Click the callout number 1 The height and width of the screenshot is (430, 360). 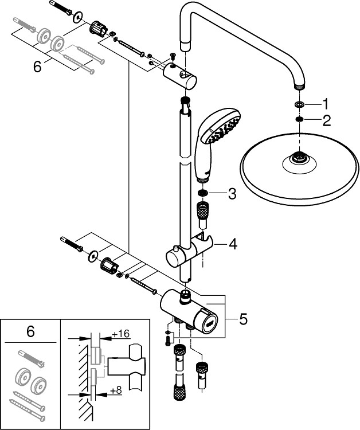click(x=325, y=104)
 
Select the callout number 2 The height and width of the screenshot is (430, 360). click(x=327, y=120)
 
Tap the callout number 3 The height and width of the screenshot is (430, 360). click(x=232, y=194)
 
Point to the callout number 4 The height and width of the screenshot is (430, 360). click(x=233, y=244)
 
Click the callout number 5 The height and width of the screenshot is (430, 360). click(x=243, y=319)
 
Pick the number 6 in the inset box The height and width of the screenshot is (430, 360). click(x=30, y=331)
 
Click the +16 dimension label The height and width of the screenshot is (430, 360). click(x=120, y=334)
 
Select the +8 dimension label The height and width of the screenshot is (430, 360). click(x=116, y=390)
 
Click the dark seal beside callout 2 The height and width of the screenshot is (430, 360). click(x=299, y=119)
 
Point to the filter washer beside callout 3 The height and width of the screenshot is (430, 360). click(x=202, y=193)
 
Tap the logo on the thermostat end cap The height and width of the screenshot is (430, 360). click(x=210, y=323)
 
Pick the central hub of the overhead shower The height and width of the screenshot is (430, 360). click(x=299, y=158)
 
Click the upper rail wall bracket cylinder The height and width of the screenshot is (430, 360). click(x=179, y=76)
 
